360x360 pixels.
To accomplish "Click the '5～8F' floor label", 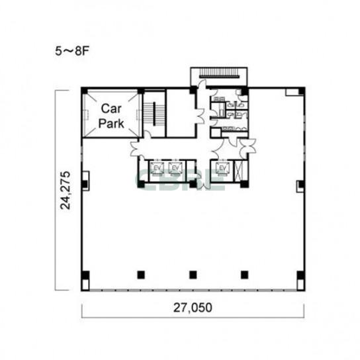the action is click(x=71, y=51).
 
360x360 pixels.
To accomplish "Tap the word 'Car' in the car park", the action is click(x=111, y=109).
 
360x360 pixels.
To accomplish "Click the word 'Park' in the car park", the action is click(x=111, y=123).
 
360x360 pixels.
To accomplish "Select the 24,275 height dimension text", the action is click(x=65, y=190).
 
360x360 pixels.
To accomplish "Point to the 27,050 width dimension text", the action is click(x=193, y=308).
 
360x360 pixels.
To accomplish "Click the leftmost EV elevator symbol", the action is click(x=157, y=169).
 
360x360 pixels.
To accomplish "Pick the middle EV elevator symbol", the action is click(x=175, y=169).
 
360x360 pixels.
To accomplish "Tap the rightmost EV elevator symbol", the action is click(x=222, y=169).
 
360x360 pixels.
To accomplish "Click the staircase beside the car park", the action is click(x=154, y=114).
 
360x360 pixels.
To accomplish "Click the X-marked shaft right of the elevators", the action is click(x=238, y=170).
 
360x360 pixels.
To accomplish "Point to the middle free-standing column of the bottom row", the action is click(x=193, y=275).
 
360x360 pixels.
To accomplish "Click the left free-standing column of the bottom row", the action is click(x=141, y=275).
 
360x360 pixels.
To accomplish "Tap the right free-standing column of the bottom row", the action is click(x=244, y=275).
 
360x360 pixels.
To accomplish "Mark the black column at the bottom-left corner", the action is click(x=85, y=275).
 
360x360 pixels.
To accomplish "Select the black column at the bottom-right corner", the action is click(x=300, y=275).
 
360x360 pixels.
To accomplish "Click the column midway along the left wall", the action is click(x=85, y=184).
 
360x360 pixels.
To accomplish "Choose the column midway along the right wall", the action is click(x=301, y=184).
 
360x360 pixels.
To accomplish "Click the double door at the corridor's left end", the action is click(x=135, y=148).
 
